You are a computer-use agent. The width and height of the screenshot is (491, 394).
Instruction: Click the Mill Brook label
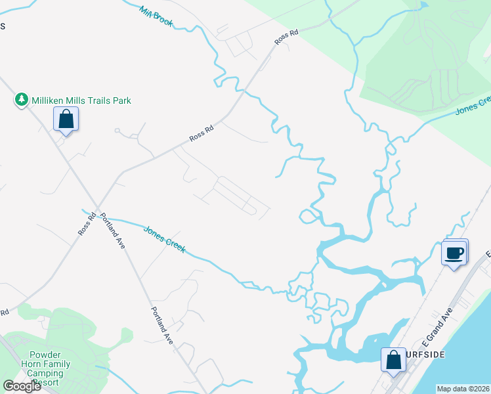(156, 16)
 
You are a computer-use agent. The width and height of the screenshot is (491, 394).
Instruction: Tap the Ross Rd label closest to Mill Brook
(282, 39)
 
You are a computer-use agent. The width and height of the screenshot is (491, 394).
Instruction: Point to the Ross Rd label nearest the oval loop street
(202, 133)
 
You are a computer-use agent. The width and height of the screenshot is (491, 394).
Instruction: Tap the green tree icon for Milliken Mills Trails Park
(22, 100)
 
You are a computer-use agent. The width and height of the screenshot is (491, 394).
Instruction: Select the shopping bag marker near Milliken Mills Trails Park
(66, 120)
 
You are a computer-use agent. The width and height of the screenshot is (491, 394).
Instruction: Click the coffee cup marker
(454, 252)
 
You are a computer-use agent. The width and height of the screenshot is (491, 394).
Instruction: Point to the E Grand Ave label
(438, 328)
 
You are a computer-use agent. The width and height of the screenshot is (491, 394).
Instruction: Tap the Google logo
(22, 386)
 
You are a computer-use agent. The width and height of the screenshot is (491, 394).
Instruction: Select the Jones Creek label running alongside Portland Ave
(164, 239)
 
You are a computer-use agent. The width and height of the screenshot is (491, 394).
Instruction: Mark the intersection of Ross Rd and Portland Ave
(98, 208)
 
